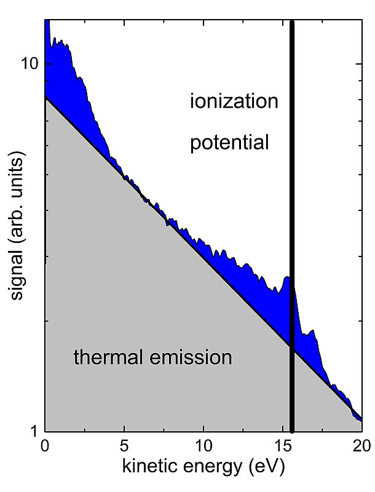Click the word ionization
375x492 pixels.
coord(234,101)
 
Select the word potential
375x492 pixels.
coord(229,143)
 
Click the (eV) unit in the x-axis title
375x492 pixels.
coord(266,469)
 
